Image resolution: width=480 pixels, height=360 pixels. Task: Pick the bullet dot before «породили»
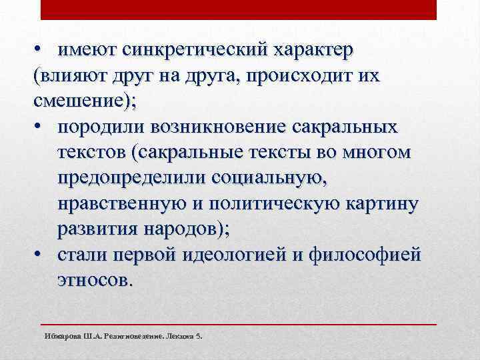pos(39,127)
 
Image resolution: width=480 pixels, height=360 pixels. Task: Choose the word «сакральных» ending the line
pos(365,127)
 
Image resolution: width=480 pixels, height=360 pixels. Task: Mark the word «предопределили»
pos(131,178)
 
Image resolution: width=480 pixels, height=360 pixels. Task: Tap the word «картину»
pos(383,203)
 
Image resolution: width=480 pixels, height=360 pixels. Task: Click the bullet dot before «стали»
pos(39,254)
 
